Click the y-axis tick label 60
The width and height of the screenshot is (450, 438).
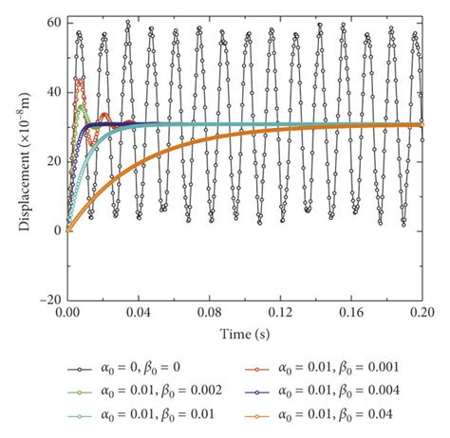(51, 22)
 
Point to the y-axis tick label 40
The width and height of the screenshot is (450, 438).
(51, 92)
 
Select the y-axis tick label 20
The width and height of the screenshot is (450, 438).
(51, 161)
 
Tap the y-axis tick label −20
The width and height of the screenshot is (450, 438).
(47, 300)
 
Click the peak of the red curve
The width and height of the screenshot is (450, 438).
(80, 81)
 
